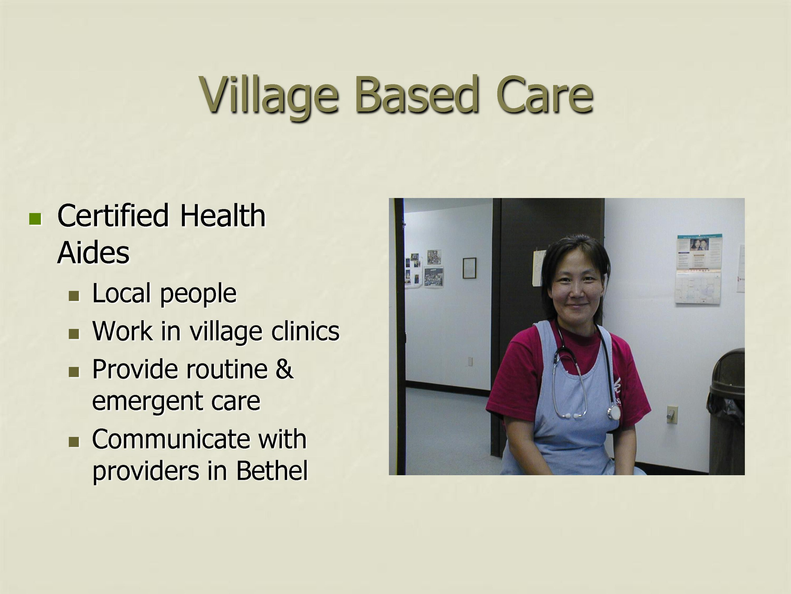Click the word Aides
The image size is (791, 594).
93,253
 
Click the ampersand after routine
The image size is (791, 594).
284,369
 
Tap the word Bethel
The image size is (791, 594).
272,470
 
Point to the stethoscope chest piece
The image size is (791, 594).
615,412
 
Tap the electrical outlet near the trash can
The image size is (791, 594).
672,414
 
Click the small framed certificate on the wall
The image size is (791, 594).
469,268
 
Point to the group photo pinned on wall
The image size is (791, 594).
434,277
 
